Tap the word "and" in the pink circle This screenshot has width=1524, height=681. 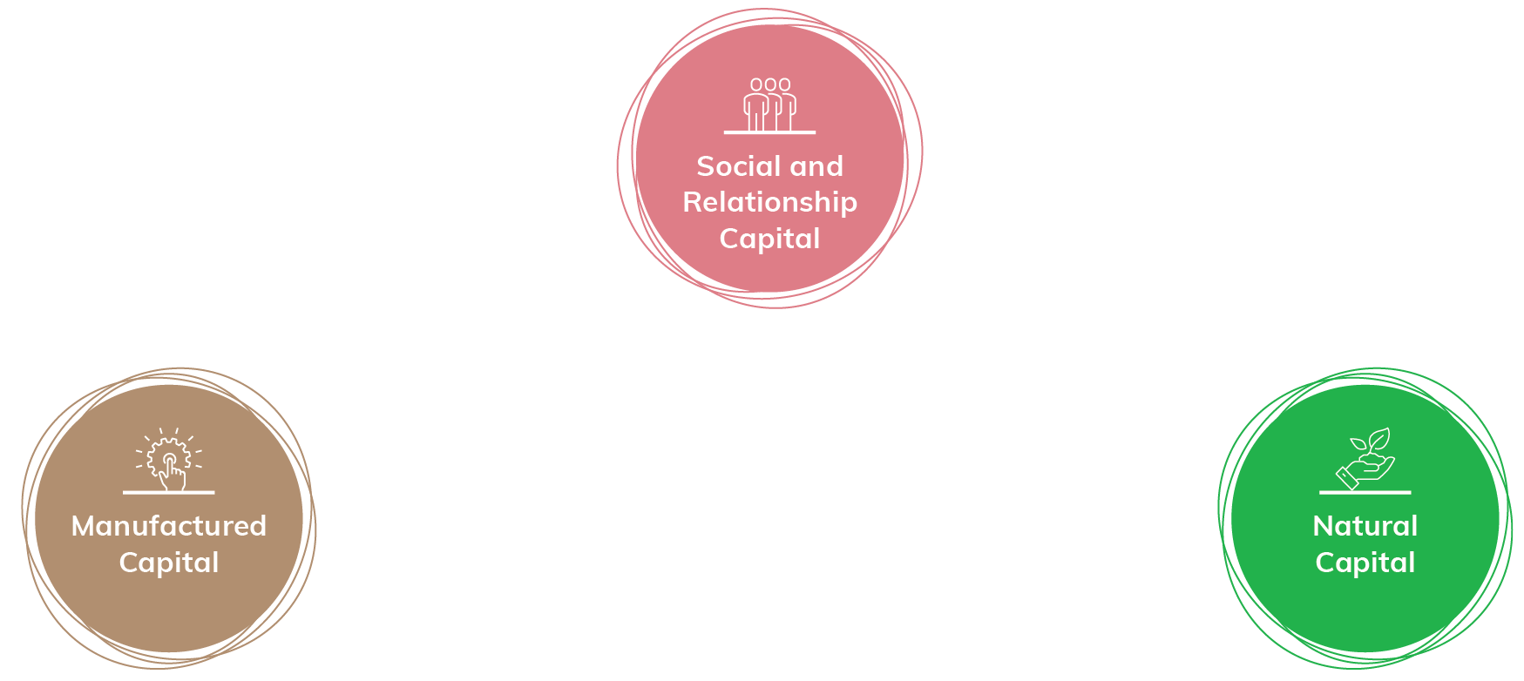pyautogui.click(x=816, y=166)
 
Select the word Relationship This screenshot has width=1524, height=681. pyautogui.click(x=770, y=203)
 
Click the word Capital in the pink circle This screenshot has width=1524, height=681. pyautogui.click(x=770, y=239)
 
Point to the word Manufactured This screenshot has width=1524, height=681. pyautogui.click(x=169, y=526)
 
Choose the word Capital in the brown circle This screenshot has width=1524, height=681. pyautogui.click(x=169, y=563)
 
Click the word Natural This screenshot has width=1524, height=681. pyautogui.click(x=1365, y=526)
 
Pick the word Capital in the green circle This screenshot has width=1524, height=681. pyautogui.click(x=1365, y=563)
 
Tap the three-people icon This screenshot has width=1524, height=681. pyautogui.click(x=770, y=105)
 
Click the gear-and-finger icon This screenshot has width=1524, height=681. pyautogui.click(x=169, y=459)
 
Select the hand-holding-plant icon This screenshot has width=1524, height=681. pyautogui.click(x=1365, y=459)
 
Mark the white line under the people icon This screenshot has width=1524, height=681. pyautogui.click(x=770, y=132)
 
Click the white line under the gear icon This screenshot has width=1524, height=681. pyautogui.click(x=169, y=493)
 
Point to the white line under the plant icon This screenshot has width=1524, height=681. pyautogui.click(x=1365, y=493)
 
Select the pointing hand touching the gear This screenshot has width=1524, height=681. pyautogui.click(x=174, y=474)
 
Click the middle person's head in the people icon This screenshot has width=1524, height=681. pyautogui.click(x=770, y=84)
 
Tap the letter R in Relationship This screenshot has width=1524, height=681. pyautogui.click(x=692, y=203)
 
